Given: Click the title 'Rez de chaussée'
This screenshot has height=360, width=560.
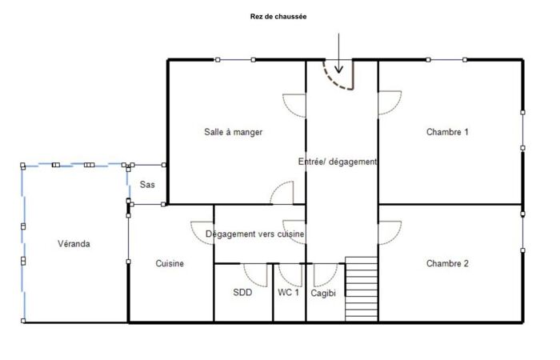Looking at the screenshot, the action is pos(278,17).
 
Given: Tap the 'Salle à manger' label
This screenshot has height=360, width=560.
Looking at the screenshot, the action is pos(234,132).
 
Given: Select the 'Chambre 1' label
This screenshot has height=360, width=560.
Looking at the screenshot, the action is pos(447,132).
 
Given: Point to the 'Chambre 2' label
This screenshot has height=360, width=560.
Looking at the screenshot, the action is pos(447,263).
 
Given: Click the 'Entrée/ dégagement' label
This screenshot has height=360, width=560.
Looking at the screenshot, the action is pos(338,162).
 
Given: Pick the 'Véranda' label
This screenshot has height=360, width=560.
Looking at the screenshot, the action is pos(74,244).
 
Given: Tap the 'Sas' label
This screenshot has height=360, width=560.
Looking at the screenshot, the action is pos(147,185).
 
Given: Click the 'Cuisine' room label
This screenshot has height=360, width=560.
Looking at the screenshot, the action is pos(170,263).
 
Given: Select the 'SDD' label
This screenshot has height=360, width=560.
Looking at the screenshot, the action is pos(242,293).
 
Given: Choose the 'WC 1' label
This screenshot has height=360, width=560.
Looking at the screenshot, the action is pos(288,293).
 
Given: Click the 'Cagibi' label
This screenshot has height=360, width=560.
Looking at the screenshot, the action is pos(323,294).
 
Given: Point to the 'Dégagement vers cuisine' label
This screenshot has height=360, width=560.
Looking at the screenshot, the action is pos(254,234).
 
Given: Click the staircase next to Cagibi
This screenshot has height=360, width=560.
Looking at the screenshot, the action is pos(362,289).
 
